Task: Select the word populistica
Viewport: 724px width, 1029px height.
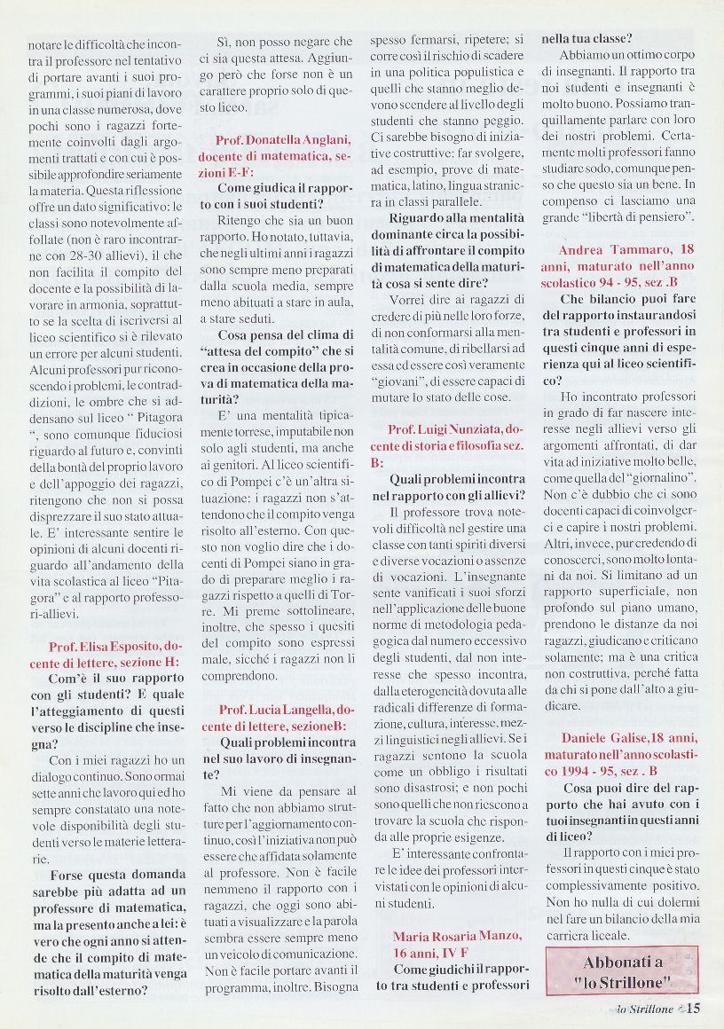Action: (x=491, y=71)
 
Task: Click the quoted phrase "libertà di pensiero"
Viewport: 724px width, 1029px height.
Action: (x=644, y=216)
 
